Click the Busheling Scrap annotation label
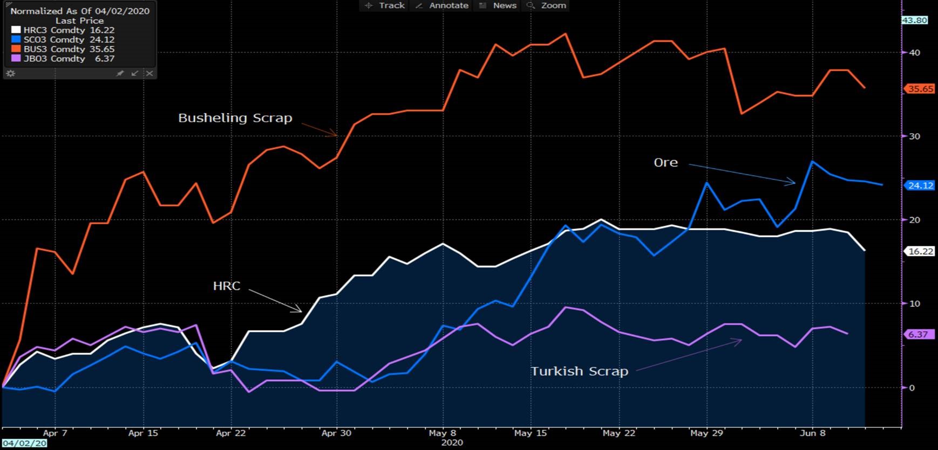(235, 118)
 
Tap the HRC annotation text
(227, 286)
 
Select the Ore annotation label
(665, 163)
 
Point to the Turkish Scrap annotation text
(579, 371)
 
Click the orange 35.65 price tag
(920, 89)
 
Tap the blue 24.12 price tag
(920, 185)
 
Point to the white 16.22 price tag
(920, 251)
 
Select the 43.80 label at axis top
(914, 20)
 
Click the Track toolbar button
(385, 5)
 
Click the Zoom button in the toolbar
(547, 5)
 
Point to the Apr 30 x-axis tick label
(336, 433)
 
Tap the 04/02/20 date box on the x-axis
(24, 443)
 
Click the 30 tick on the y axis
(914, 136)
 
